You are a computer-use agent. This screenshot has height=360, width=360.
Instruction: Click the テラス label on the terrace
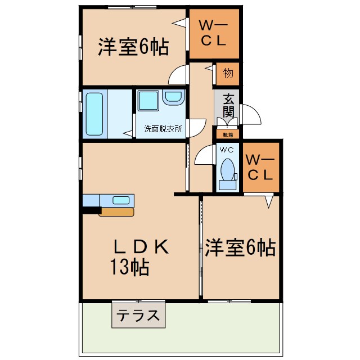click(139, 315)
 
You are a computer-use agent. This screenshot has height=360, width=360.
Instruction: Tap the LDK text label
click(141, 247)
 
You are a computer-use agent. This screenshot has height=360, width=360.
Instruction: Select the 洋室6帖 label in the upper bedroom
click(133, 48)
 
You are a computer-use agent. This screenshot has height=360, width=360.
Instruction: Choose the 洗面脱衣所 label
click(163, 128)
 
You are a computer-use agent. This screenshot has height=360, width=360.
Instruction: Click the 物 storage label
click(228, 74)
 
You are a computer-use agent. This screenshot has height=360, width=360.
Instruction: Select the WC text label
click(227, 150)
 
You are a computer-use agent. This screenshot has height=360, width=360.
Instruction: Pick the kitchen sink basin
click(121, 200)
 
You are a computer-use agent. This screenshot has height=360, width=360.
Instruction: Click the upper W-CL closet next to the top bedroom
click(213, 33)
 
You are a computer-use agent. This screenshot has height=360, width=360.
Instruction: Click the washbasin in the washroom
click(173, 98)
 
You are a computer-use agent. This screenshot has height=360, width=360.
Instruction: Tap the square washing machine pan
click(148, 101)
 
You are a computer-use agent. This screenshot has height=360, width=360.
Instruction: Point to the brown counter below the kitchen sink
click(116, 212)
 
